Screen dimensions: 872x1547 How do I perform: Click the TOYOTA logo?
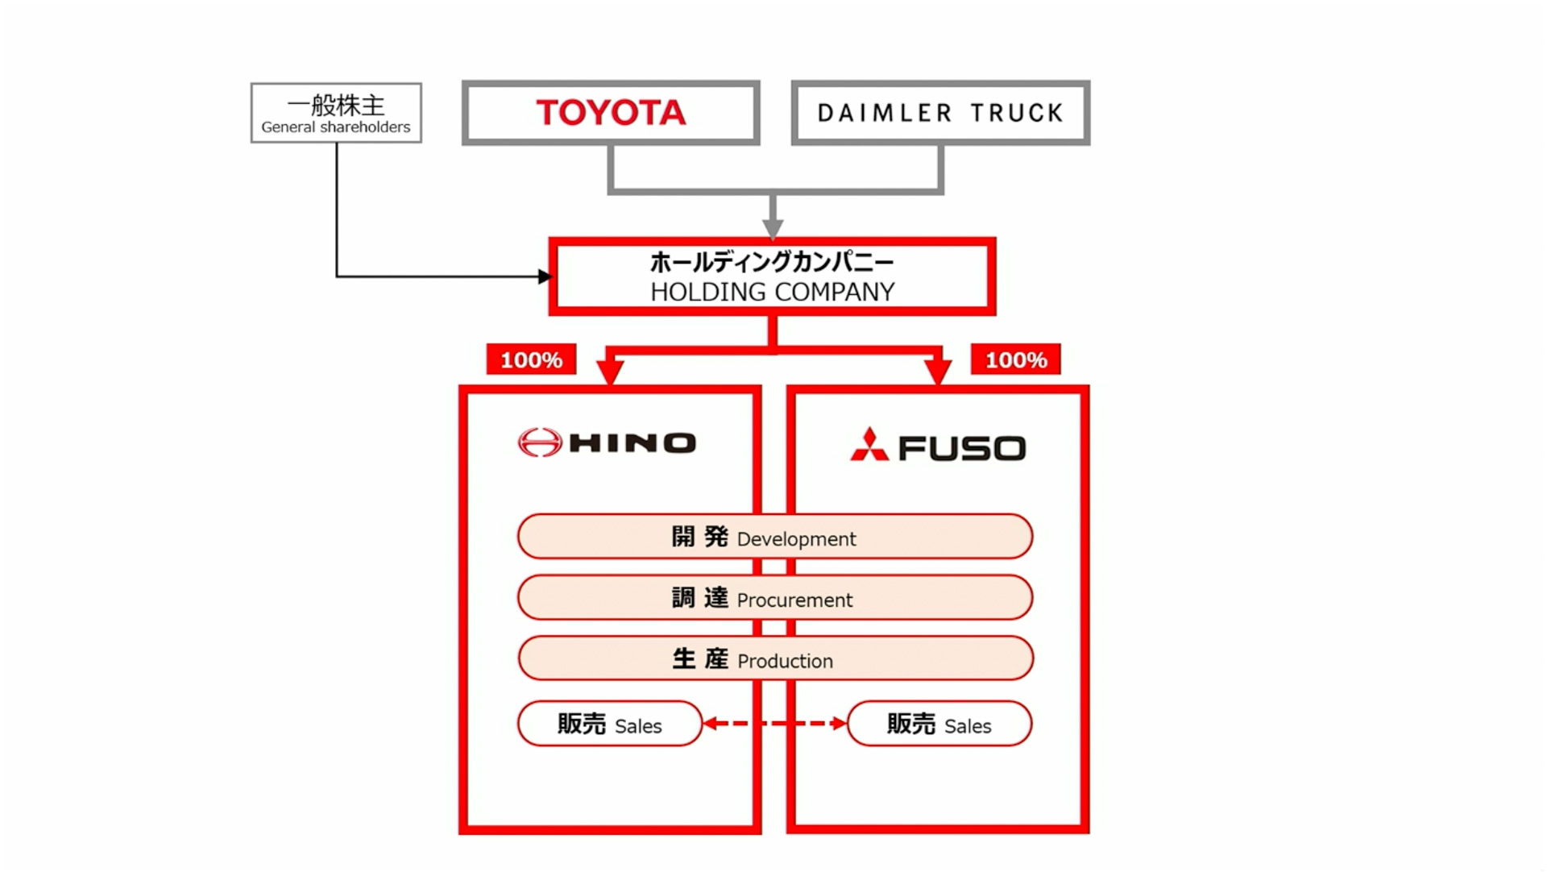click(x=611, y=113)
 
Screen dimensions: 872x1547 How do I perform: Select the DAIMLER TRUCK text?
click(x=940, y=113)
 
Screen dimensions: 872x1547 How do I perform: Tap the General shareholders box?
click(x=336, y=113)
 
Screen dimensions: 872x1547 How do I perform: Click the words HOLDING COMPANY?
click(x=772, y=292)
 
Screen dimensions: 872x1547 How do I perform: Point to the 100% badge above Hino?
click(x=531, y=359)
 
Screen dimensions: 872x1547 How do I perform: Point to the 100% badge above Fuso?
click(x=1015, y=359)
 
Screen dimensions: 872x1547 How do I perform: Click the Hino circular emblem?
click(x=540, y=442)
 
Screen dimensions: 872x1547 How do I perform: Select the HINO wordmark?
click(x=632, y=442)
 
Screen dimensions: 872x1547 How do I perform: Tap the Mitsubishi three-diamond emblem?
click(x=869, y=445)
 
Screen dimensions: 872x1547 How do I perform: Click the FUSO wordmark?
click(x=962, y=448)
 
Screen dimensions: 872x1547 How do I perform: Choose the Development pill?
click(x=774, y=537)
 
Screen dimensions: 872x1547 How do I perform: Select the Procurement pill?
click(x=774, y=598)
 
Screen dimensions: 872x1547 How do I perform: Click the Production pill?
click(x=774, y=658)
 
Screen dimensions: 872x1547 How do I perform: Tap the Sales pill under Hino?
click(x=610, y=724)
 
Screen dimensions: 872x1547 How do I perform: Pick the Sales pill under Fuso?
click(x=939, y=724)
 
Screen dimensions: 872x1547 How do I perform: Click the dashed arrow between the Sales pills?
click(x=774, y=724)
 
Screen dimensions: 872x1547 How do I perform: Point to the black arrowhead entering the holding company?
click(x=545, y=276)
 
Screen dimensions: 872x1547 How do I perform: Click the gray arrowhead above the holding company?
click(x=773, y=228)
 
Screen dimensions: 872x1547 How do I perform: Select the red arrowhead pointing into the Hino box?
click(x=610, y=372)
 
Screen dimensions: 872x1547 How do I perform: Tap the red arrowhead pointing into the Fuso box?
click(x=938, y=372)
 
